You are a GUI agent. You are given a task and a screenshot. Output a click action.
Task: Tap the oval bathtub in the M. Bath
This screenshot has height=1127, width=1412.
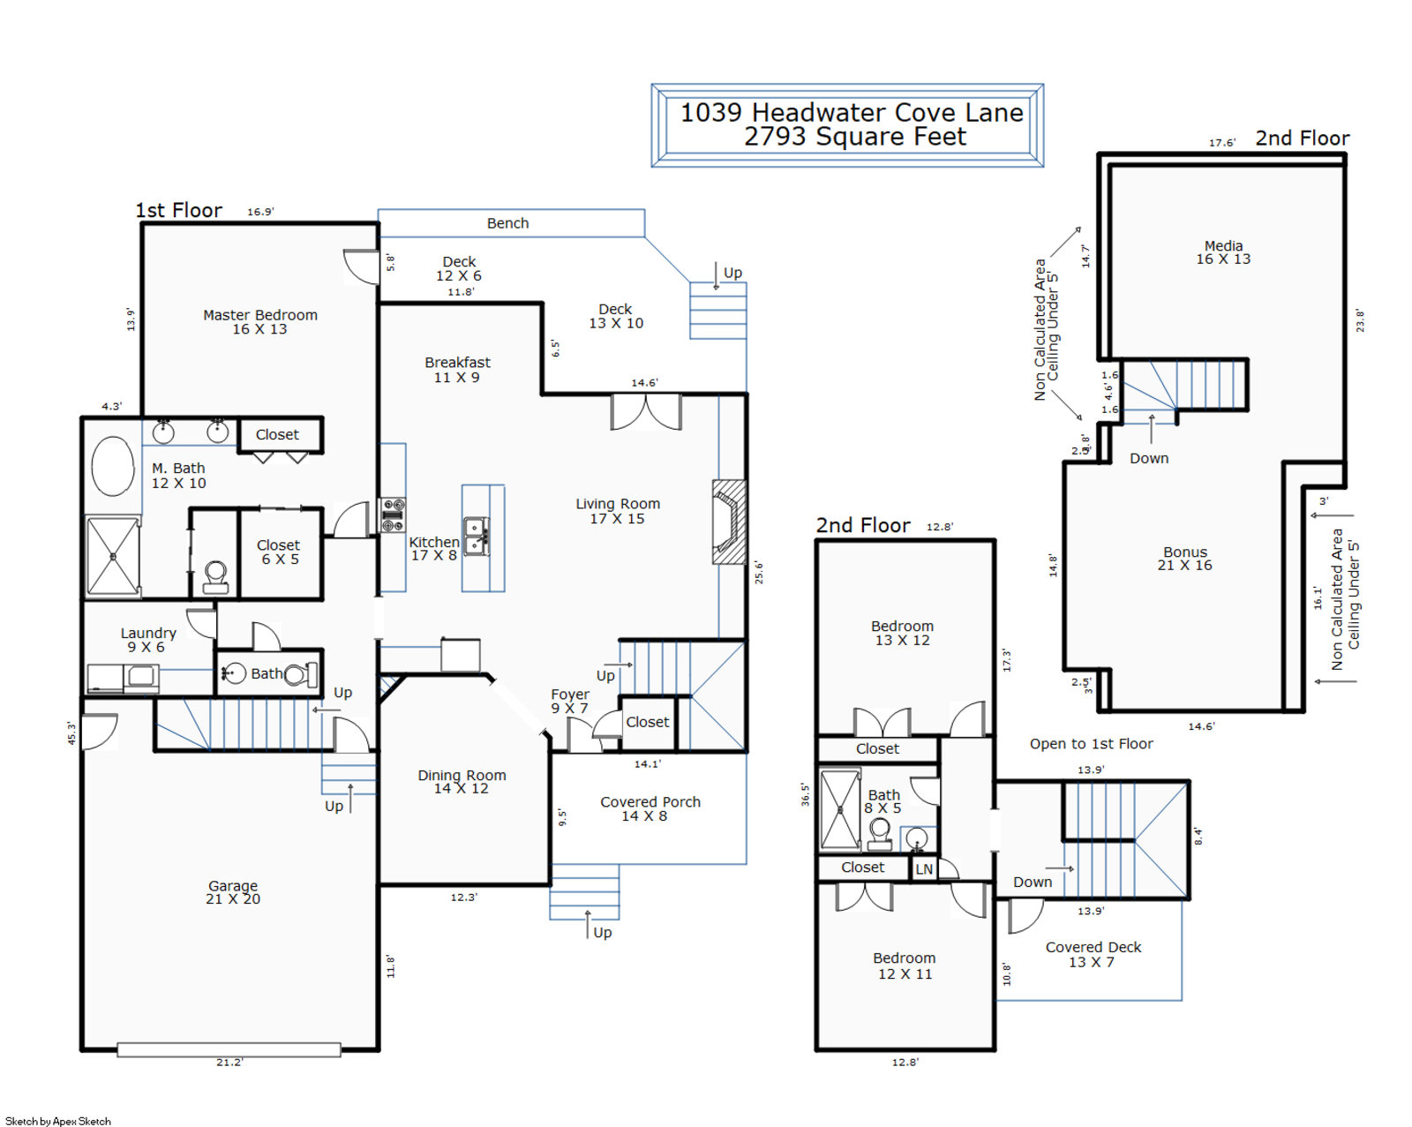112,466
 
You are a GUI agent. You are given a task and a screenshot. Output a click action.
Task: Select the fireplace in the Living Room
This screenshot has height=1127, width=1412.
729,522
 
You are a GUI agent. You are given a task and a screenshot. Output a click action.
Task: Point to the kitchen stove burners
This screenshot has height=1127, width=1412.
393,515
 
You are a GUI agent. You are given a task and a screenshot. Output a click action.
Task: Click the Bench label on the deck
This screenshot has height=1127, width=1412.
507,223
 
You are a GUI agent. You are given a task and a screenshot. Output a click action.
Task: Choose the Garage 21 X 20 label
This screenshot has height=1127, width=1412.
233,892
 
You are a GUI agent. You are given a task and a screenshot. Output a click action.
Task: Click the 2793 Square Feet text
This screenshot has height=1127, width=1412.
854,137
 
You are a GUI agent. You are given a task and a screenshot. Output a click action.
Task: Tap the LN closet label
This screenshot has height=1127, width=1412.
923,869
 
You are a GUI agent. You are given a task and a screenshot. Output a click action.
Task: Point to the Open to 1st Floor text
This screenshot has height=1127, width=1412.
1091,744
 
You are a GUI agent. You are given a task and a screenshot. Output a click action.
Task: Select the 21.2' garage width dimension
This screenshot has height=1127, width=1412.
229,1062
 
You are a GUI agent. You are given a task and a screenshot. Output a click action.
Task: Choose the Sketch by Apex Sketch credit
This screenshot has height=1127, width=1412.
58,1121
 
